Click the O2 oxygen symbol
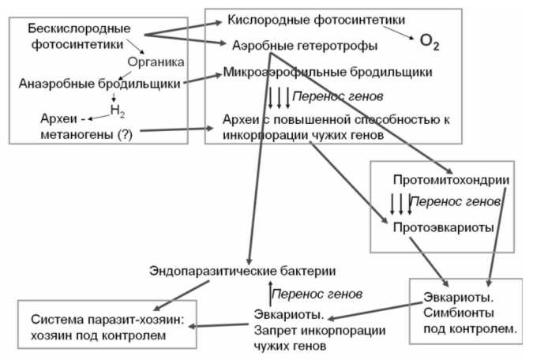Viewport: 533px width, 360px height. tap(430, 41)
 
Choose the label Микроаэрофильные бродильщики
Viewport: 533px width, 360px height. tap(328, 73)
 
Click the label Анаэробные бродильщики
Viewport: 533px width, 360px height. tap(100, 82)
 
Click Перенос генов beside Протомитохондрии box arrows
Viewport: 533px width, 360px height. tap(458, 203)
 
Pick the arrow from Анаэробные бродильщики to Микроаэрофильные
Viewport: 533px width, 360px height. tap(202, 77)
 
